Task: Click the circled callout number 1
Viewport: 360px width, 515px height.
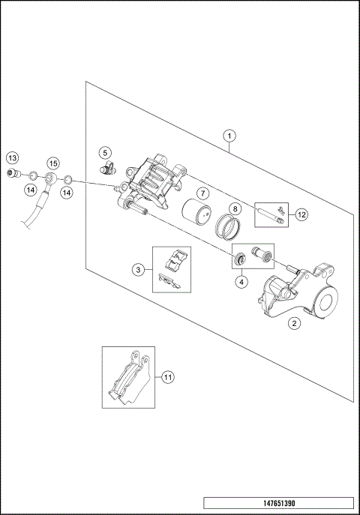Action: coord(230,136)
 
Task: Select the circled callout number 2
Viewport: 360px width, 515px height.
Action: coord(295,324)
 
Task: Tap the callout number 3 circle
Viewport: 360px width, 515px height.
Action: coord(138,269)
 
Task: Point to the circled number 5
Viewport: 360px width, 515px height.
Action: coord(106,152)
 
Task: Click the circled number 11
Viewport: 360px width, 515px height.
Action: coord(168,377)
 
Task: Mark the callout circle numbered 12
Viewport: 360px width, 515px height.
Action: coord(301,214)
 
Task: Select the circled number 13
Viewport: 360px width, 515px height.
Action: coord(12,157)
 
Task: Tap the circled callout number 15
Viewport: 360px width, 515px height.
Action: coord(52,163)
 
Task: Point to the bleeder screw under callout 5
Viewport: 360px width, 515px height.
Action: coord(110,167)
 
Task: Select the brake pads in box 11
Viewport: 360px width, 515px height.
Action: coord(127,379)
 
